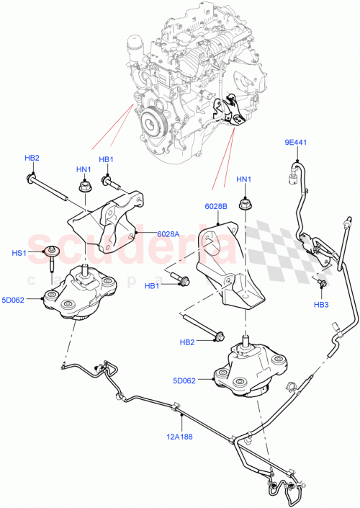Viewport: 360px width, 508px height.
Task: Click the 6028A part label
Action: point(168,233)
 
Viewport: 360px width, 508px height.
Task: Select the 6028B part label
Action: point(216,206)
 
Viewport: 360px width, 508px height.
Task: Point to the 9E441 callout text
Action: point(295,143)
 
